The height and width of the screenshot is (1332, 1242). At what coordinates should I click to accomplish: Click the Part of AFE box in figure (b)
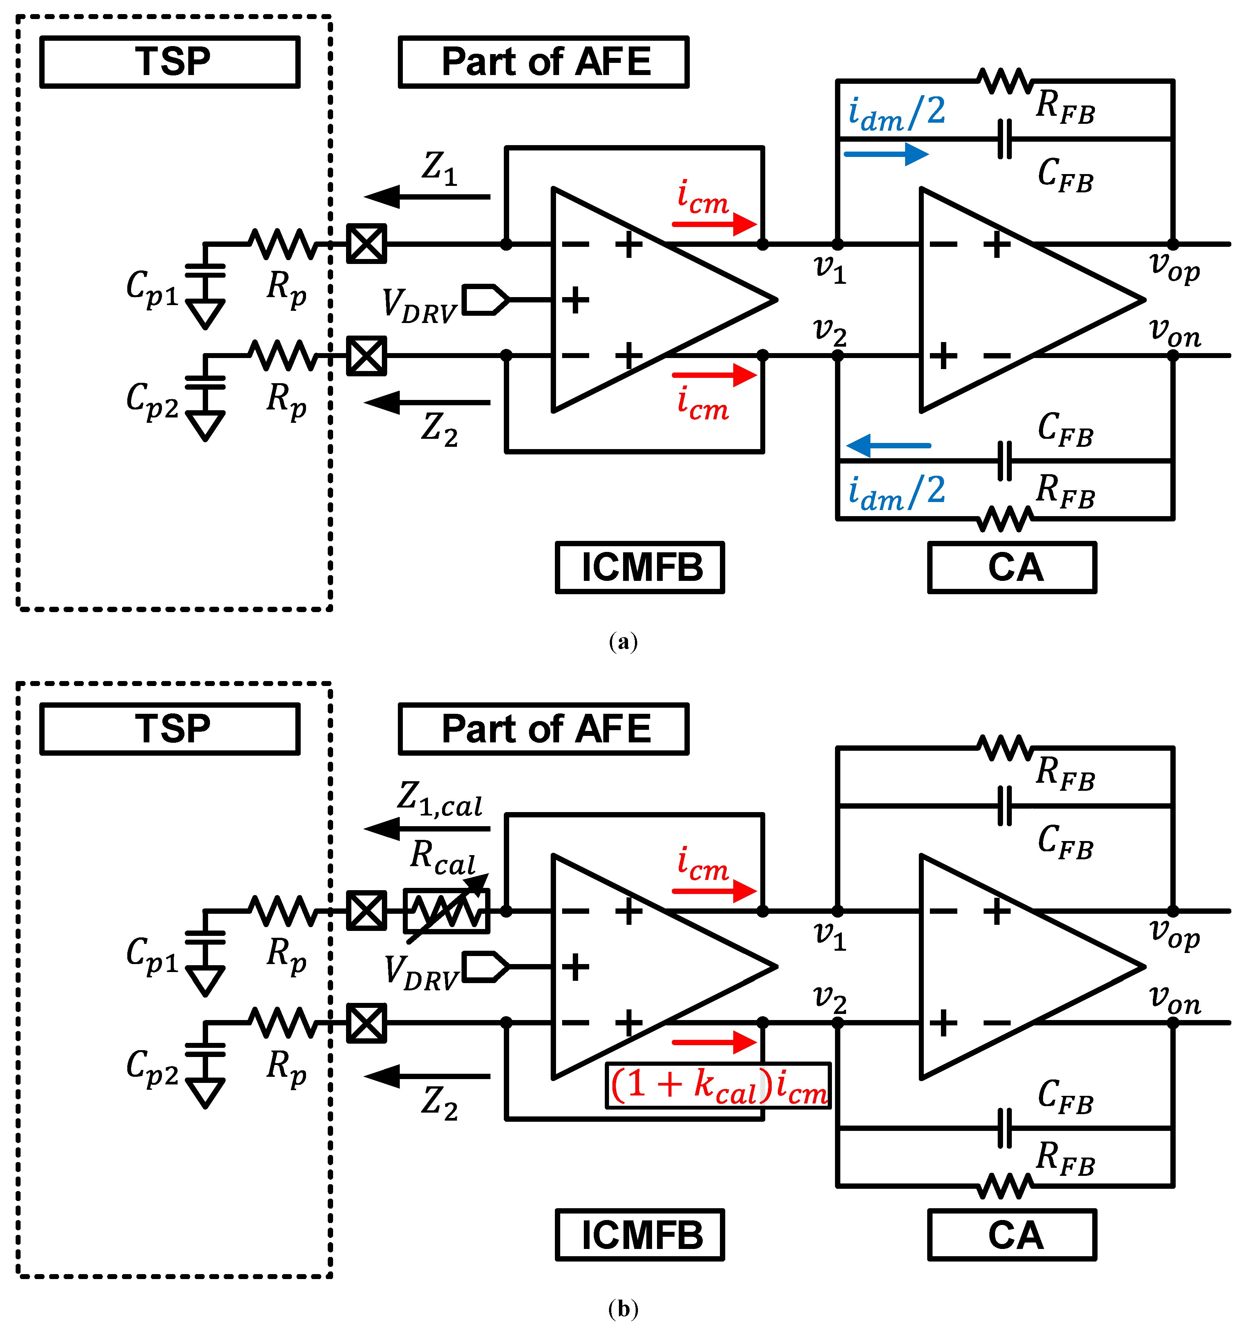543,728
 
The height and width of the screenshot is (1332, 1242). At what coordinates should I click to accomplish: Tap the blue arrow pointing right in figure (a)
885,154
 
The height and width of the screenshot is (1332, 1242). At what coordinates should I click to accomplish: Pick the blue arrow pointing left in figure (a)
888,445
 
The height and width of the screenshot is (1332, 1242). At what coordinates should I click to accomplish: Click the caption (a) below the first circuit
623,642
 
